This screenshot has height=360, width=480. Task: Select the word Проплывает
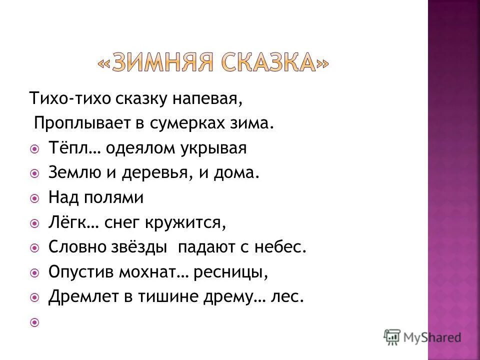pos(81,123)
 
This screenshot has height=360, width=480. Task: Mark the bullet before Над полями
pos(34,198)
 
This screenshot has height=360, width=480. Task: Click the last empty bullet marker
pos(34,323)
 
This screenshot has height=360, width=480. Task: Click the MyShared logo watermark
pos(423,336)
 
